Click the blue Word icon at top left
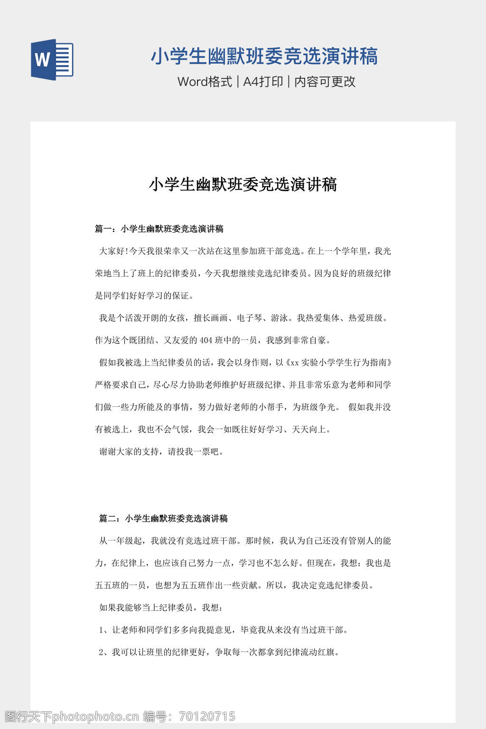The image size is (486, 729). (x=52, y=59)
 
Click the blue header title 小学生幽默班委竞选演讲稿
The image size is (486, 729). (x=264, y=56)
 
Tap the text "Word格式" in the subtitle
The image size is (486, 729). (x=205, y=82)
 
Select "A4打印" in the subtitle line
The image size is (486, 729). (x=262, y=82)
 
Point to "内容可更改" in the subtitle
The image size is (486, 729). (x=325, y=82)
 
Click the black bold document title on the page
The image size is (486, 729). (x=243, y=184)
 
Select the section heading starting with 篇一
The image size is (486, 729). (x=159, y=229)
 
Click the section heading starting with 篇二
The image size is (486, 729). (x=163, y=518)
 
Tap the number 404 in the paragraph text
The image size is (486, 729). (x=206, y=340)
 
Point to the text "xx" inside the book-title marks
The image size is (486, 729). (x=294, y=363)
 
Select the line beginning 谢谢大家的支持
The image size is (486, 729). (x=161, y=452)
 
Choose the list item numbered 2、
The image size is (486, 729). (x=220, y=652)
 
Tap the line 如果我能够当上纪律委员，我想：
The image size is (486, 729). (x=161, y=607)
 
